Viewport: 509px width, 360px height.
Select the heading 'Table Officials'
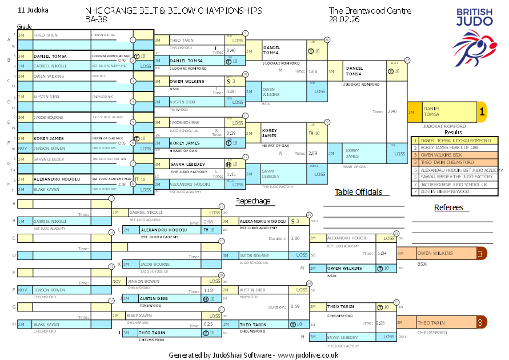click(x=358, y=192)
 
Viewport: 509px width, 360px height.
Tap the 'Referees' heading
click(x=448, y=207)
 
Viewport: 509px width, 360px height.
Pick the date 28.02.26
click(x=344, y=19)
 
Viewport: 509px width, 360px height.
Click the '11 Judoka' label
click(x=34, y=10)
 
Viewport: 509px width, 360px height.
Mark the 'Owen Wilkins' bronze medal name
click(x=435, y=253)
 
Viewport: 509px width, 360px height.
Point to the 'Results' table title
click(x=453, y=132)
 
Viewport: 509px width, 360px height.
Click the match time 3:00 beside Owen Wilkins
click(x=231, y=91)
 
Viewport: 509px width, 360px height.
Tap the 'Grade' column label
click(x=24, y=26)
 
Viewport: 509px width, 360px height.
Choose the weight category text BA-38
click(x=95, y=19)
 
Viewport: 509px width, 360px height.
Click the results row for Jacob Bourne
click(x=454, y=184)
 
